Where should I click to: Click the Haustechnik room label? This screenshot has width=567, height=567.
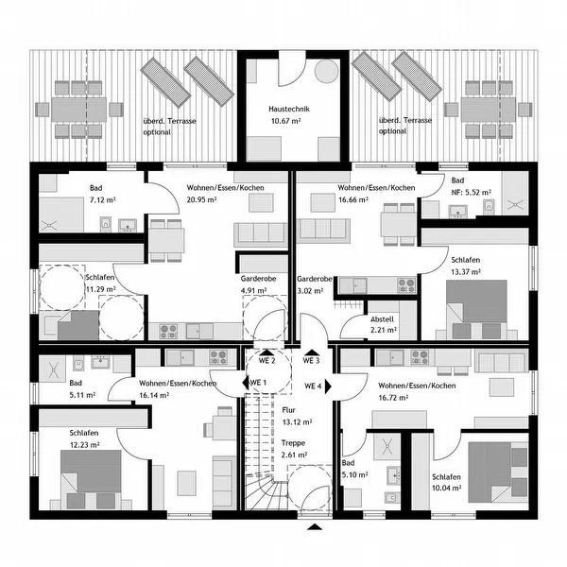289,109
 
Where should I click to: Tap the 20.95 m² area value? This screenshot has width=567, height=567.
201,199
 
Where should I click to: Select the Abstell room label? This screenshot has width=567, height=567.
382,319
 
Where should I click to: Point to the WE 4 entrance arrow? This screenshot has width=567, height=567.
328,387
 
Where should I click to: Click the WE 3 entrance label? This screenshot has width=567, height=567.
311,361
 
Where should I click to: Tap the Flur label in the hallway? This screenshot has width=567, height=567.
288,410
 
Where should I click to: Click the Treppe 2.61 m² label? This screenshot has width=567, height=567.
294,449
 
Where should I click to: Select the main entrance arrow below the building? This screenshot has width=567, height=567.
315,526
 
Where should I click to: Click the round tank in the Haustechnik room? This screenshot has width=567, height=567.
327,71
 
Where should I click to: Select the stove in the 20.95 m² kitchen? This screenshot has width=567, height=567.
168,332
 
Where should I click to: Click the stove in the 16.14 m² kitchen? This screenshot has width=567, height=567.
218,357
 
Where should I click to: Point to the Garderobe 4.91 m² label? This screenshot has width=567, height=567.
258,284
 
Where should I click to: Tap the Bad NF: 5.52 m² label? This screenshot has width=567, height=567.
472,186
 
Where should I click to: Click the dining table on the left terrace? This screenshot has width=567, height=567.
79,110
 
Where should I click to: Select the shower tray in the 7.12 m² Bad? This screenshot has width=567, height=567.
61,215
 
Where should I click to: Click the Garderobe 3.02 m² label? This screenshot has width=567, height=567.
315,284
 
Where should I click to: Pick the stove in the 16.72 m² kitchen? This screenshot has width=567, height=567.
420,357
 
